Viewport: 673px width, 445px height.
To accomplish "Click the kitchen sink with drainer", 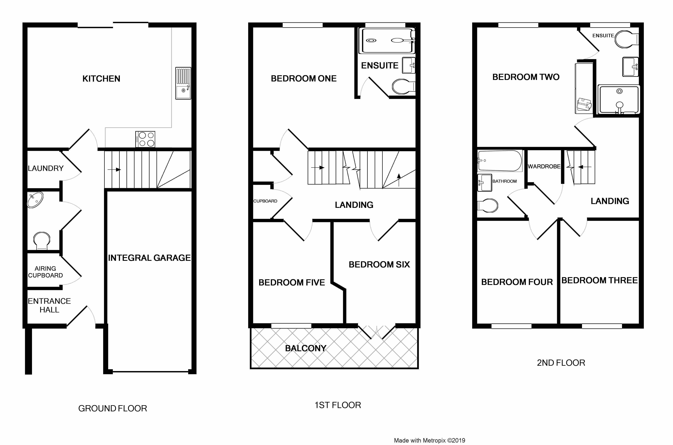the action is point(183,83).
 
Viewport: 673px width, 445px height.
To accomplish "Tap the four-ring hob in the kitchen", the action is point(145,139).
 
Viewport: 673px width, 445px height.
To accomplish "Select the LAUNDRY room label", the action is point(45,168).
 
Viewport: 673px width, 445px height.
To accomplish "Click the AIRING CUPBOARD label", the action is point(45,272).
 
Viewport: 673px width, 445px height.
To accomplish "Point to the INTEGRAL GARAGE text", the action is point(149,258).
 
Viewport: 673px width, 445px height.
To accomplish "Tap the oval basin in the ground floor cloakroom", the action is point(35,200).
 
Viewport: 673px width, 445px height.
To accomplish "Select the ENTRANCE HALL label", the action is point(49,305).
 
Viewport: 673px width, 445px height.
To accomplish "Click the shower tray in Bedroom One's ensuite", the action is point(387,41).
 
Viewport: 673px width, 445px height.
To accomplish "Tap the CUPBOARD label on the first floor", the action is point(265,201).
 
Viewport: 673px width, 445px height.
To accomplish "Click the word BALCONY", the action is point(305,348).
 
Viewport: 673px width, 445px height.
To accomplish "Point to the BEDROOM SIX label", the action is point(379,264).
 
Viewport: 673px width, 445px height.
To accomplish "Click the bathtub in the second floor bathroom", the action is point(500,161).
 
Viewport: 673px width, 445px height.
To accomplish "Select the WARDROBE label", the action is point(544,167).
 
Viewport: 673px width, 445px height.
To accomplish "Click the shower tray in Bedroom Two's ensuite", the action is point(619,100).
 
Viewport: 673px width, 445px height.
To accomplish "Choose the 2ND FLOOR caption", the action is point(561,363).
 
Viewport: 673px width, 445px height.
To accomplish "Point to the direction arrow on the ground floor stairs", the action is point(114,170).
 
